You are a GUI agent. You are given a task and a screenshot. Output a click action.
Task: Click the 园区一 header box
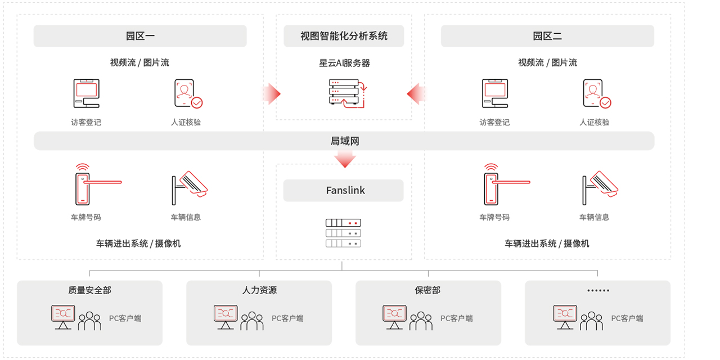tap(140, 36)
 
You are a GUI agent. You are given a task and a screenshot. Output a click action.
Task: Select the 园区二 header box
tap(547, 36)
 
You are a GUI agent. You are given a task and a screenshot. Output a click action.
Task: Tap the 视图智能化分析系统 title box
tap(344, 36)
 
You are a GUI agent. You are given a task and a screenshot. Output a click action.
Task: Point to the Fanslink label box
tap(344, 190)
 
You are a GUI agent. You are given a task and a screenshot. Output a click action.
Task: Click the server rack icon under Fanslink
tap(343, 233)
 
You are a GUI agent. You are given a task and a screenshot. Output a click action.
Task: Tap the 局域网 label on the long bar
tap(344, 141)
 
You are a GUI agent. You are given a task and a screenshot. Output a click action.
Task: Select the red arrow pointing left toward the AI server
tap(416, 94)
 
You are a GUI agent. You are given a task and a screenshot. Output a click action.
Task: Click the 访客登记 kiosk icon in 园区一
tap(86, 93)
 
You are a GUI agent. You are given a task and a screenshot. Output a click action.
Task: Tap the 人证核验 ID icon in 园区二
tap(596, 93)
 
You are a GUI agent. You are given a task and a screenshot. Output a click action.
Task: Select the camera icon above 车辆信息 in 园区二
tap(599, 184)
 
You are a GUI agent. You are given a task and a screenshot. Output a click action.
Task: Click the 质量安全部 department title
tap(90, 290)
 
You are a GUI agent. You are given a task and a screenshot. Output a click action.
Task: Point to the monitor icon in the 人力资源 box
tap(226, 317)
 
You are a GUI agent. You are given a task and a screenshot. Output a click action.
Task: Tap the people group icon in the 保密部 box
tap(421, 321)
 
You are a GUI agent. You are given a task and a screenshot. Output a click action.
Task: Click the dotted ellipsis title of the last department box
tap(598, 291)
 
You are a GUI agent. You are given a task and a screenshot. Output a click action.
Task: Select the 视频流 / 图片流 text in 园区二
tap(547, 62)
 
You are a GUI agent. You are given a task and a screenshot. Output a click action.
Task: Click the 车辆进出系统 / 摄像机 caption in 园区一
tap(138, 244)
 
